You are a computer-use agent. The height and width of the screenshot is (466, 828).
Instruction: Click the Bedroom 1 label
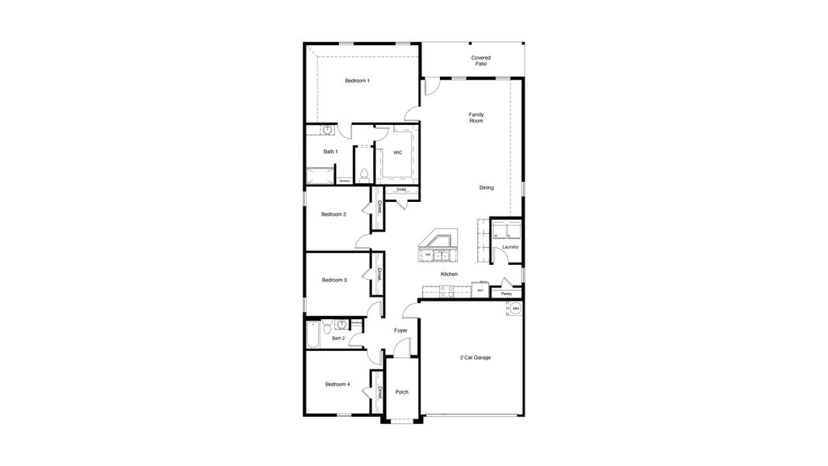[357, 81]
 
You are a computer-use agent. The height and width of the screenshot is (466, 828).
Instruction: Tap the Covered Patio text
[480, 61]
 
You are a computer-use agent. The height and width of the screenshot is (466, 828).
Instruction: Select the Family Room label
[476, 117]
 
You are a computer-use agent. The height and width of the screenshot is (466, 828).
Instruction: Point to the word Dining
[486, 187]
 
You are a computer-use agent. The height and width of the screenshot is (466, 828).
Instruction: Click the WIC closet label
[397, 152]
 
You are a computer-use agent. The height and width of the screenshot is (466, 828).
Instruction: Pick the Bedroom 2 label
[334, 214]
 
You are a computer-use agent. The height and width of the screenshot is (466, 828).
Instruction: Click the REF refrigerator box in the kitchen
[480, 290]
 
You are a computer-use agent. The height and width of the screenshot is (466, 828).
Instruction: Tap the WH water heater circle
[515, 309]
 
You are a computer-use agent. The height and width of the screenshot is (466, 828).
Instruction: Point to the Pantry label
[506, 294]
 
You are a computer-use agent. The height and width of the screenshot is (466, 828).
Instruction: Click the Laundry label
[510, 247]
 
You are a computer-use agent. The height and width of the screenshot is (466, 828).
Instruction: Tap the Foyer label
[400, 331]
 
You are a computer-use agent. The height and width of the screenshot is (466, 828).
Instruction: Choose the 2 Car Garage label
[475, 357]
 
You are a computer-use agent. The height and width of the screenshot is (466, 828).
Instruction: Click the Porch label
[402, 392]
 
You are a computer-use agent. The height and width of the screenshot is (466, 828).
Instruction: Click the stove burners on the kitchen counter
[447, 291]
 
